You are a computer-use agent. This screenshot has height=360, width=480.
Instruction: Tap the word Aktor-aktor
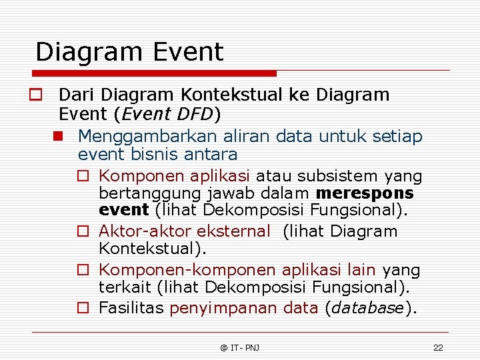click(139, 232)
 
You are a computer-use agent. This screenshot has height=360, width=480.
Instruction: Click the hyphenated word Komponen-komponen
click(187, 270)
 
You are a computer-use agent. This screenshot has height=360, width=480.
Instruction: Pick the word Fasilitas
click(131, 308)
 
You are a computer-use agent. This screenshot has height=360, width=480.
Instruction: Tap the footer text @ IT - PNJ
click(240, 347)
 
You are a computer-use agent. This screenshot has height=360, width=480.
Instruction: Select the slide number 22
click(438, 347)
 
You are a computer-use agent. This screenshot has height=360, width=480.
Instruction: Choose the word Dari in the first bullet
click(73, 95)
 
